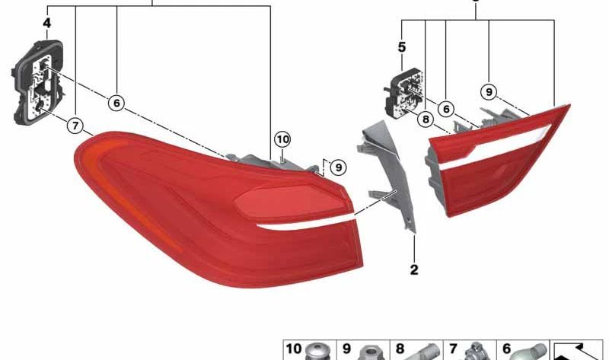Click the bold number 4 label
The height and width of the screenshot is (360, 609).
46,24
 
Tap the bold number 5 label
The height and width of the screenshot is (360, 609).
402,47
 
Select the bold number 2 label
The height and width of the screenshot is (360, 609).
414,269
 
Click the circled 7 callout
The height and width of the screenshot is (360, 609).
75,126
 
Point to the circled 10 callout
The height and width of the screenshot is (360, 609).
282,139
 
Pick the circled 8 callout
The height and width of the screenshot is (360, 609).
426,119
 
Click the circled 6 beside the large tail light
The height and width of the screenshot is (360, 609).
116,103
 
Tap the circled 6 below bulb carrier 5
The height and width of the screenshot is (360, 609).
446,109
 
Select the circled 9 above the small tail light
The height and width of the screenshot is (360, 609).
489,91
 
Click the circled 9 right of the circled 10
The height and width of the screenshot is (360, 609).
338,167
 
